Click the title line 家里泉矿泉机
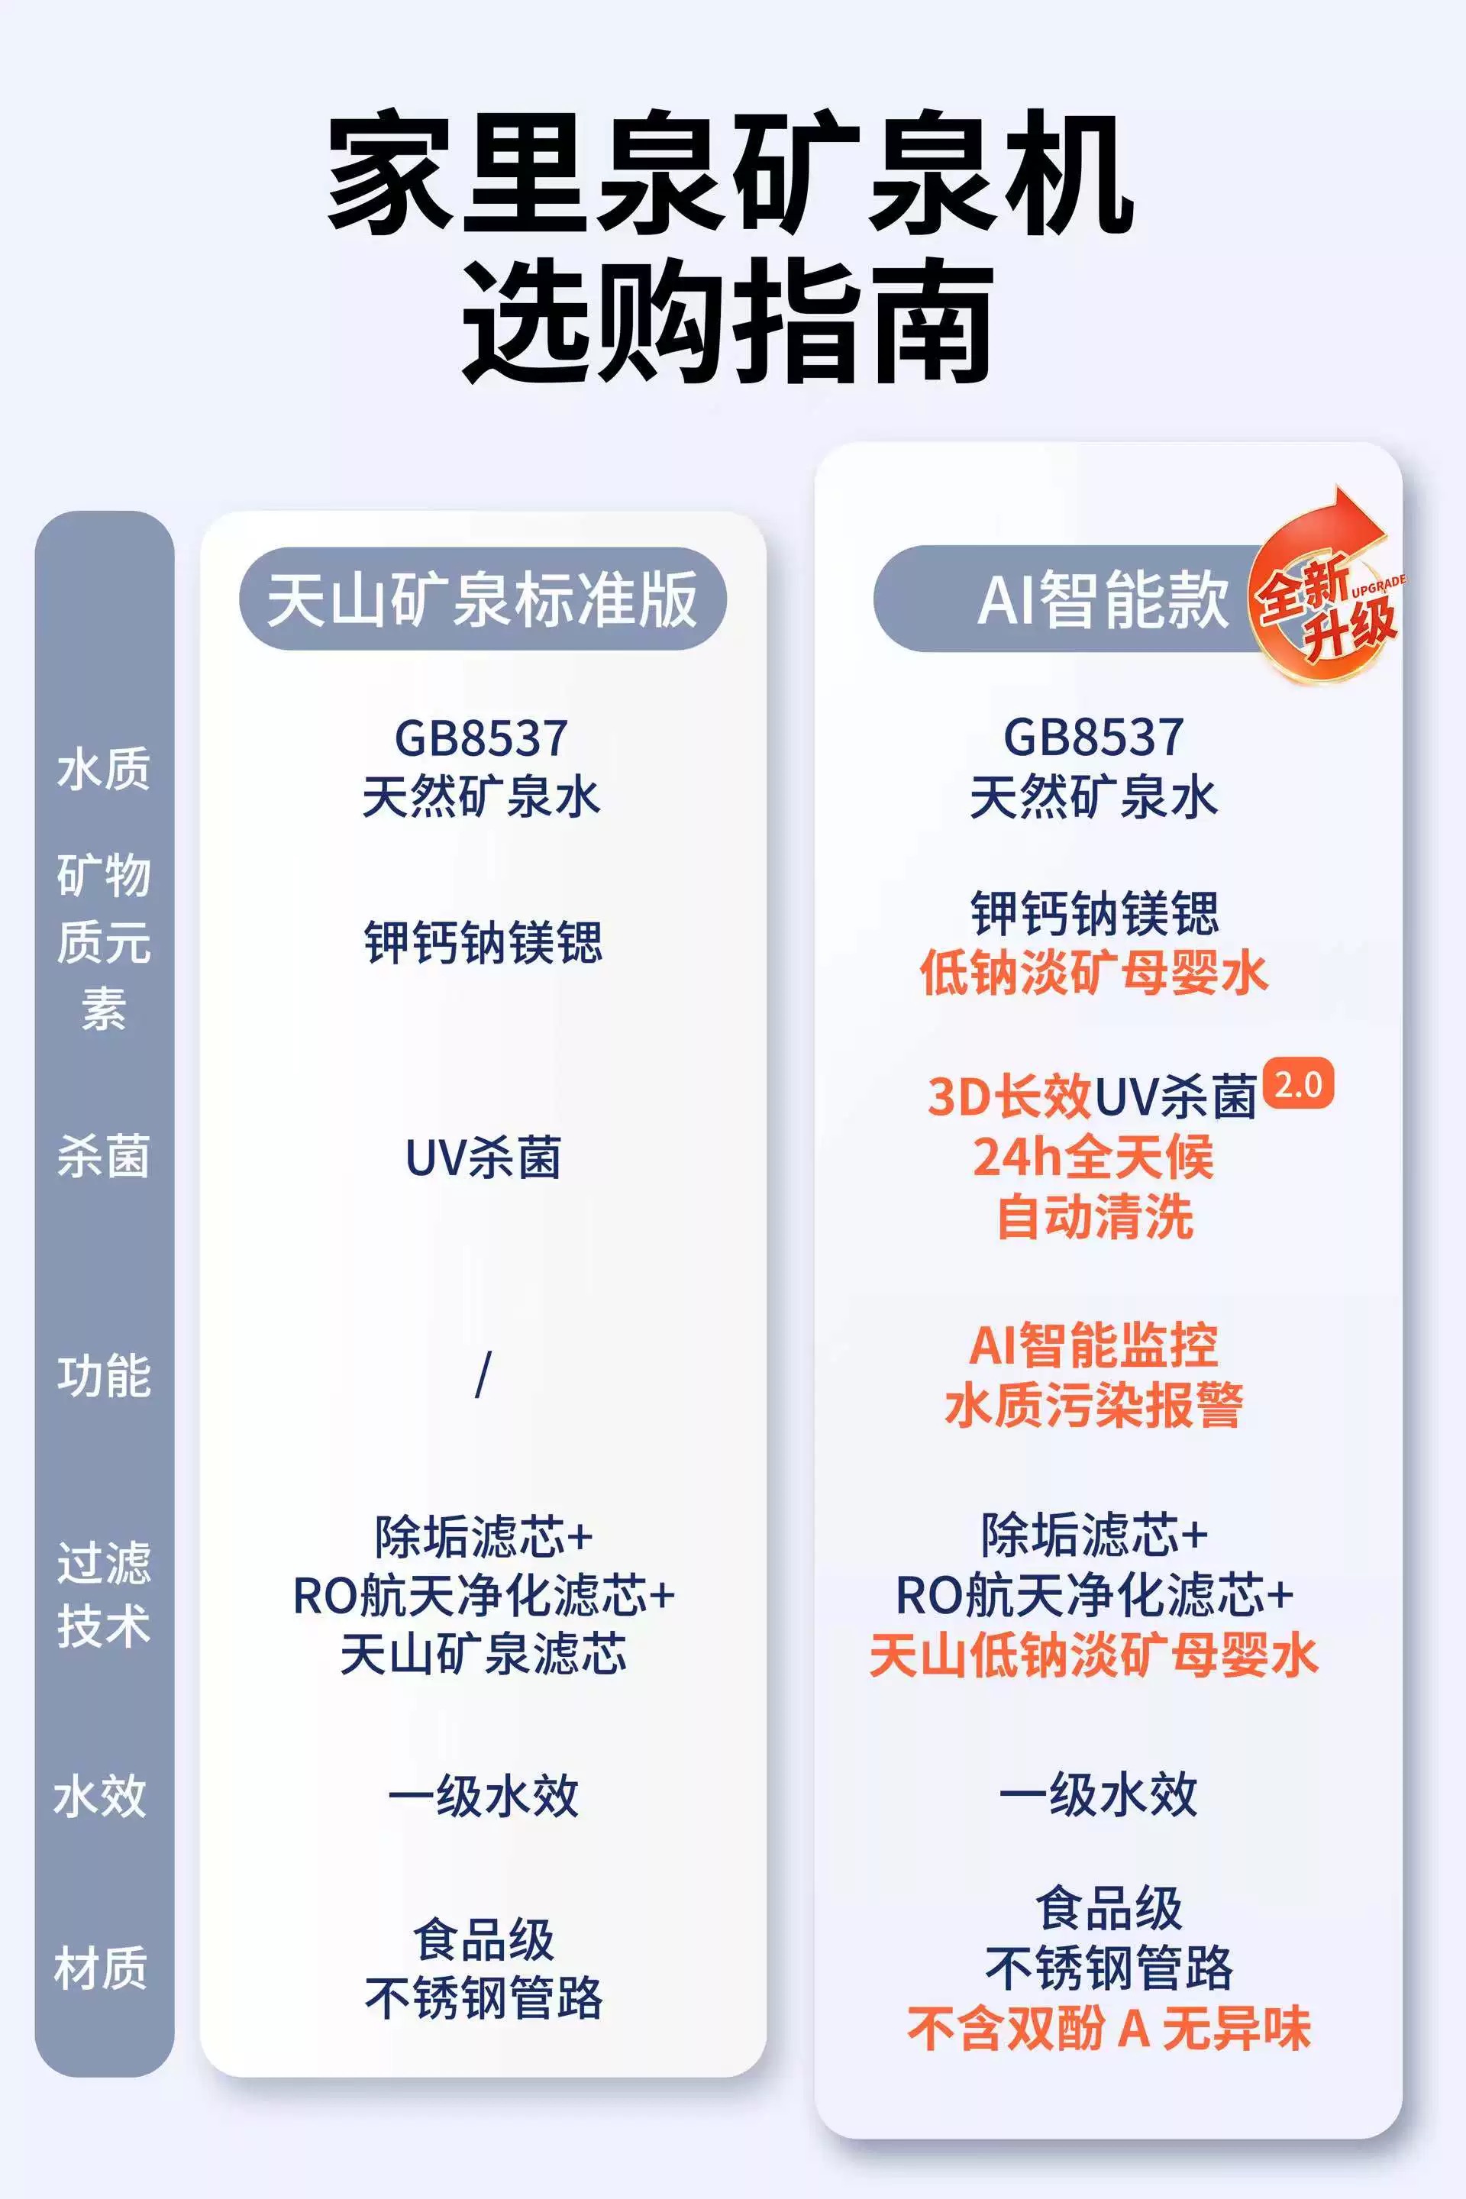[731, 173]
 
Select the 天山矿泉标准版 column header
[483, 599]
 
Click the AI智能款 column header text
[1103, 599]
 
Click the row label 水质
[103, 770]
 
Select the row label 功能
[103, 1376]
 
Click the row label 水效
[101, 1796]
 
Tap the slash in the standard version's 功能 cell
[483, 1375]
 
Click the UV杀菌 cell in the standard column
[483, 1158]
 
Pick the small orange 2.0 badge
[1298, 1084]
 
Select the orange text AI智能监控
[1093, 1345]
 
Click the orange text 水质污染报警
[1093, 1405]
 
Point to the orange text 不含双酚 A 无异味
[1109, 2029]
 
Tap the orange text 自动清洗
[1094, 1217]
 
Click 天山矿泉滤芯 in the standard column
[483, 1653]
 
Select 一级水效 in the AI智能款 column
[1098, 1794]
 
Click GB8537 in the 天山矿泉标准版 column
[480, 738]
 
